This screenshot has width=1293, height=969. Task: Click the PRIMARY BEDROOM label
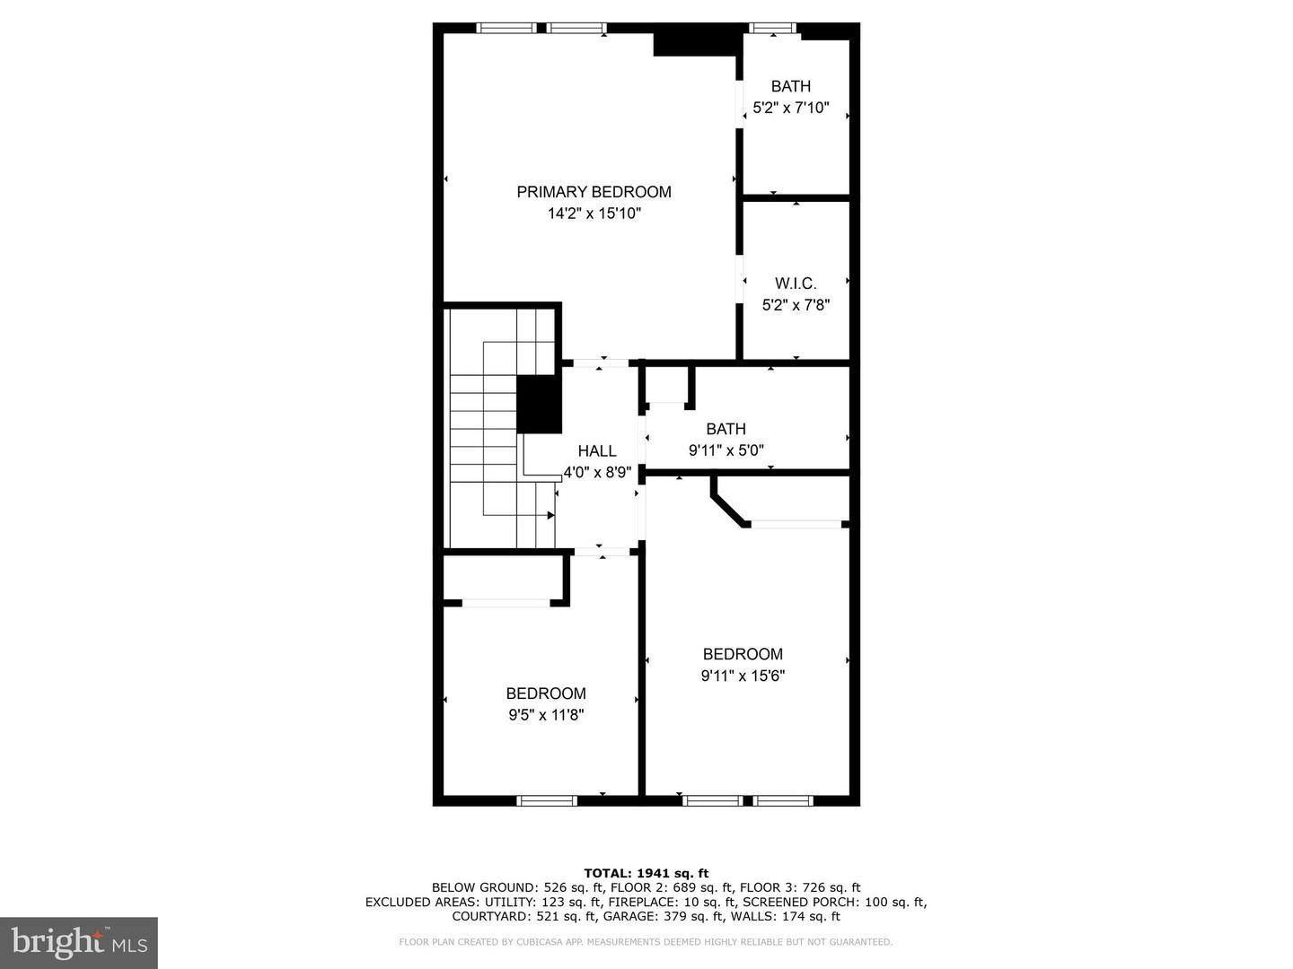click(594, 192)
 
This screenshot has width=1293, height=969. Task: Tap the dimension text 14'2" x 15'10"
click(594, 214)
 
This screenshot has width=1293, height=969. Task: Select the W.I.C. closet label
click(796, 284)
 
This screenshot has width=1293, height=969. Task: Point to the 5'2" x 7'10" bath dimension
click(790, 108)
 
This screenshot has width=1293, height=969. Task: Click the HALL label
click(597, 451)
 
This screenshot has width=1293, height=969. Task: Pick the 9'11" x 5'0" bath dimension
click(726, 450)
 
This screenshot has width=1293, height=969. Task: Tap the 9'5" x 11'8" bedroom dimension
click(546, 715)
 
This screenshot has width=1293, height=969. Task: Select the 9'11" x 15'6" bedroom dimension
click(743, 676)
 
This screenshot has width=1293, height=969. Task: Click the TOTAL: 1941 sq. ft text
click(646, 873)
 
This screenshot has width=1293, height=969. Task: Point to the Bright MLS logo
click(79, 942)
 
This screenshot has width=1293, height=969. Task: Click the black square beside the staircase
click(539, 405)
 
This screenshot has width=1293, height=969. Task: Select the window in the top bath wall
click(772, 29)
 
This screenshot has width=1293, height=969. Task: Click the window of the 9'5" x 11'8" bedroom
click(547, 799)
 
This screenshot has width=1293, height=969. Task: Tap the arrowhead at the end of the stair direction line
click(550, 515)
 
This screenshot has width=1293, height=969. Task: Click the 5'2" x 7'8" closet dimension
click(796, 305)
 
